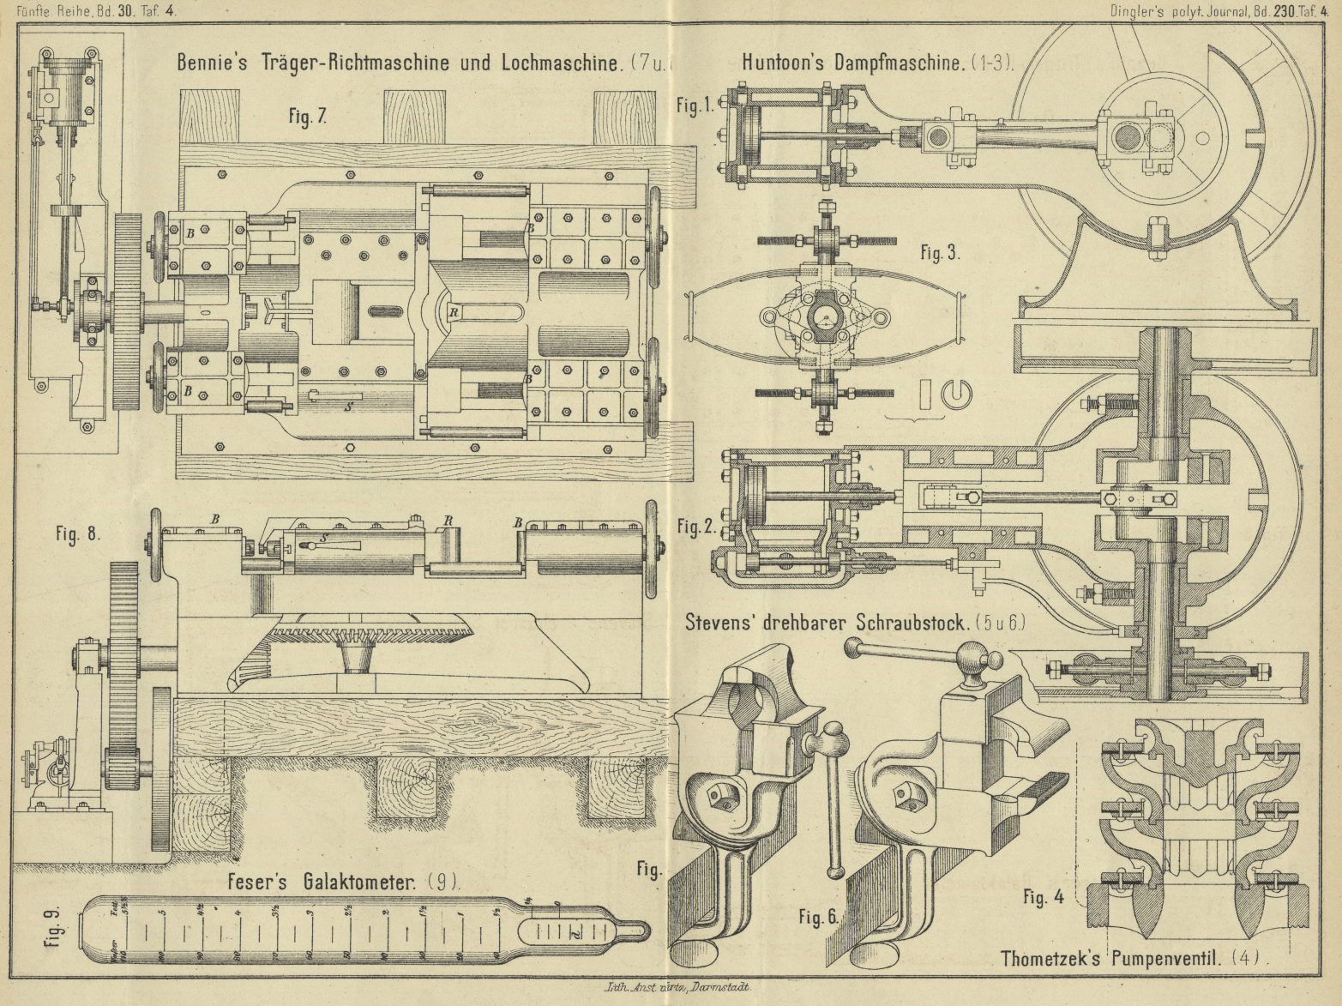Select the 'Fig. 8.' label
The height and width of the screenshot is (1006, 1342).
[x=78, y=533]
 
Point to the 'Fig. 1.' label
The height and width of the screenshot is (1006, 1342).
[x=695, y=105]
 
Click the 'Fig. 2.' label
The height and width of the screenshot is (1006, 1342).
[x=695, y=526]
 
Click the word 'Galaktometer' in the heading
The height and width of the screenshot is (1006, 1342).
[x=359, y=883]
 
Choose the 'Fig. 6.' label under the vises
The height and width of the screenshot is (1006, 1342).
[x=817, y=917]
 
